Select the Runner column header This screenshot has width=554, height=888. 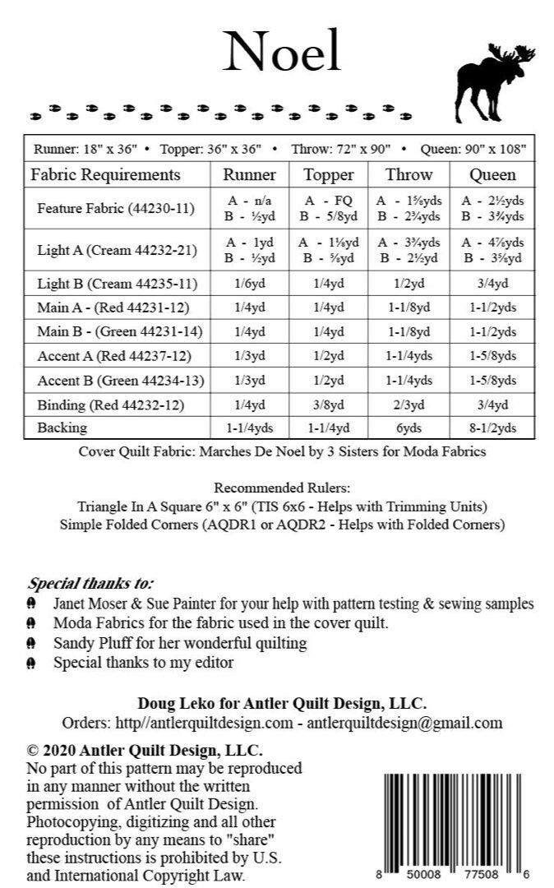coord(250,174)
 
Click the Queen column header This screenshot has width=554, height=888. coord(492,174)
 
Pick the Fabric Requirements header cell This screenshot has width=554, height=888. coord(105,174)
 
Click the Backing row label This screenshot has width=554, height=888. coord(62,428)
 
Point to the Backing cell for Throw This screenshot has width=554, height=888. coord(409,428)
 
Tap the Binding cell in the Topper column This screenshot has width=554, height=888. coord(329,405)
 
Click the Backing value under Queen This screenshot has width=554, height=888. coord(492,428)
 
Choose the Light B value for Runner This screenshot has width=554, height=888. coord(250,284)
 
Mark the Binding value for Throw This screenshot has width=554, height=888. coord(409,405)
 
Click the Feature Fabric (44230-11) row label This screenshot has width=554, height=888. coord(116,209)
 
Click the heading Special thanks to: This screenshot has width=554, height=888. coord(90,583)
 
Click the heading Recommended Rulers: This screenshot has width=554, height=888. coord(282,487)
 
